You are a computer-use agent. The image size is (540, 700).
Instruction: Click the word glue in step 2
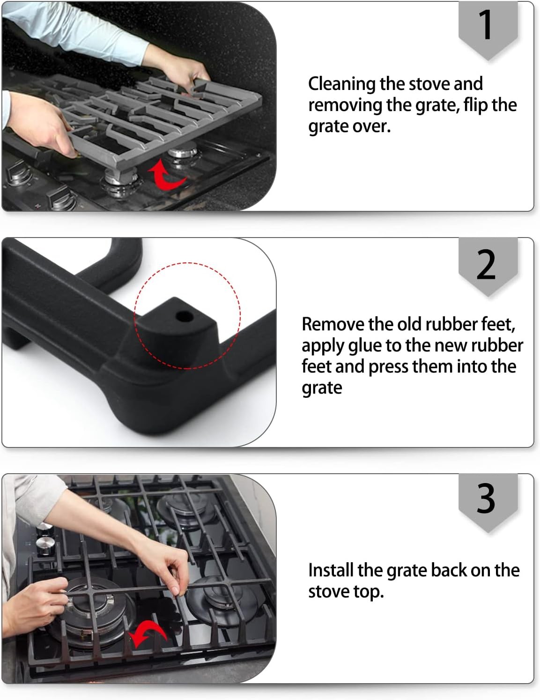coord(365,346)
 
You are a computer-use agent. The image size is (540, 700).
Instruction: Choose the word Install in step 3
coord(331,570)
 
